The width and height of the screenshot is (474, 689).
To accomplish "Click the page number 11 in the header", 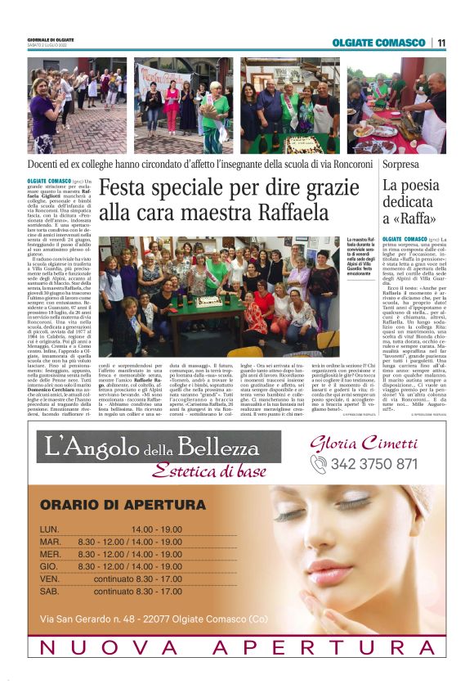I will pyautogui.click(x=441, y=43).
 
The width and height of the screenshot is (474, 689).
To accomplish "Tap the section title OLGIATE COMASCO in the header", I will pyautogui.click(x=387, y=43).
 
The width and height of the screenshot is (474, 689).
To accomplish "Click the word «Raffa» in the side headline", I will pyautogui.click(x=414, y=218).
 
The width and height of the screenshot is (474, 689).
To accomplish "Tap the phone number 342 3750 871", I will pyautogui.click(x=373, y=463).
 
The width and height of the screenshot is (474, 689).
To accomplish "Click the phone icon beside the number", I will pyautogui.click(x=319, y=464).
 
